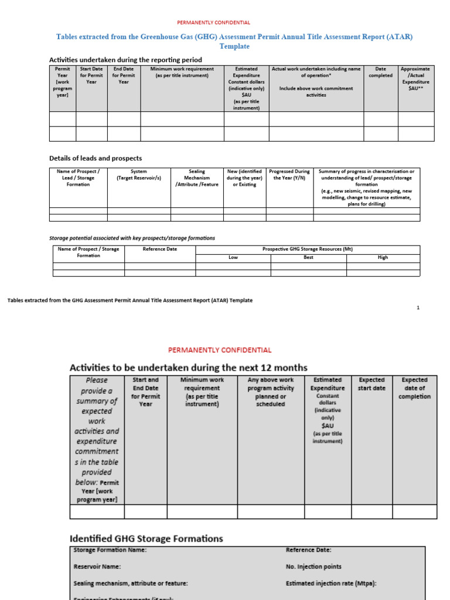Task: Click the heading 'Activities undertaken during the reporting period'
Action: tap(125, 60)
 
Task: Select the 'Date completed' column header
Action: tap(380, 72)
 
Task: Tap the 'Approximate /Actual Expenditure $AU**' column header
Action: tap(415, 79)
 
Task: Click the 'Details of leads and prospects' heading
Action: tap(96, 158)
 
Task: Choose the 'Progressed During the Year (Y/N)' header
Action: tap(289, 175)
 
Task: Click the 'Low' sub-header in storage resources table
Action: tap(233, 257)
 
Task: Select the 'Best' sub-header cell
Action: tap(308, 257)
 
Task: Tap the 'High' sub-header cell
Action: tap(383, 257)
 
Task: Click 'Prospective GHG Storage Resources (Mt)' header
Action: tap(308, 249)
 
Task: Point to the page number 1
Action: tap(418, 308)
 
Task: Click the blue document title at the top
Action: tap(234, 41)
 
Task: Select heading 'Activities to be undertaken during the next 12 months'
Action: tap(188, 368)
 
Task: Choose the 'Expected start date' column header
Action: tap(371, 384)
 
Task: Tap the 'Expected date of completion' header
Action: tap(414, 388)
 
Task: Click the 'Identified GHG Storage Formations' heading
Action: tap(146, 538)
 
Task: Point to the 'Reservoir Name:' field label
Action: tap(97, 567)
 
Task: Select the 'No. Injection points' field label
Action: tap(313, 567)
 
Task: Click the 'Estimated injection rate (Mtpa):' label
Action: tap(330, 584)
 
